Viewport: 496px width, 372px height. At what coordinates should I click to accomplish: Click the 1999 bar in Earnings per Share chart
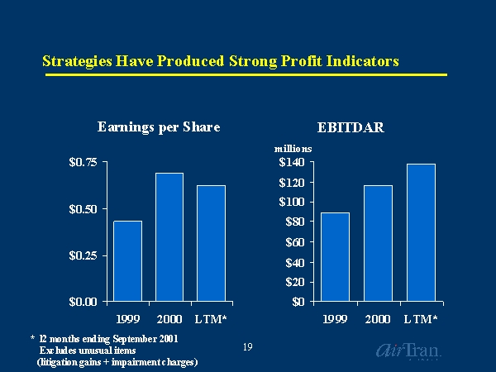pos(127,260)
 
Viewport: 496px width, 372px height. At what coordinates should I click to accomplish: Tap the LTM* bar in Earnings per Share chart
pos(211,243)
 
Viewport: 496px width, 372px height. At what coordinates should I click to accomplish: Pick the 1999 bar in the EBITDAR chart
pos(335,256)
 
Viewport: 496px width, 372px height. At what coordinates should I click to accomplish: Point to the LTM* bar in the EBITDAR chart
pos(421,232)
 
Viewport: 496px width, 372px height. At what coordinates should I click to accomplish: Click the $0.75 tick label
pos(82,163)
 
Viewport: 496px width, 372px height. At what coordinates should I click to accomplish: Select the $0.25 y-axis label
pos(82,255)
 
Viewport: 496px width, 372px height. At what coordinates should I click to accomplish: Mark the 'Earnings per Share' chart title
pos(158,127)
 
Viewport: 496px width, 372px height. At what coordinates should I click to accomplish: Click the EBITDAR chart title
pos(351,127)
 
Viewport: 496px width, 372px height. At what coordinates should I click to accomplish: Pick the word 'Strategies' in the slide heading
pos(75,61)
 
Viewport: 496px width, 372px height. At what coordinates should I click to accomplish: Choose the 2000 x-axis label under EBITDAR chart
pos(378,318)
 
